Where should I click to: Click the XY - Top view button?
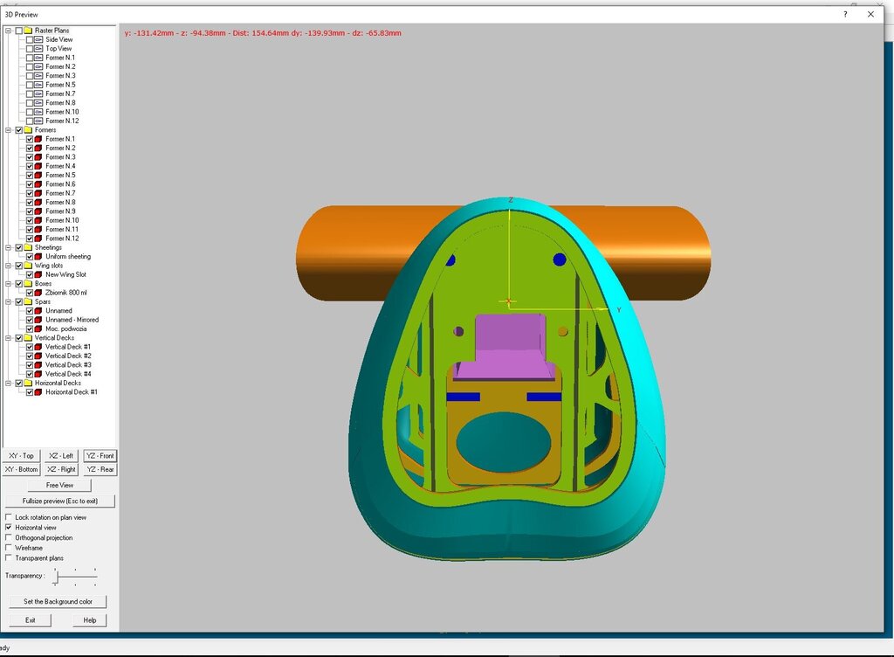point(21,456)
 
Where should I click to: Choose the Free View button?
point(59,485)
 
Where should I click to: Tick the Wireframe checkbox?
point(9,548)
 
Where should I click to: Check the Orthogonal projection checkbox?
point(9,538)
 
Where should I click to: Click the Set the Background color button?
point(58,602)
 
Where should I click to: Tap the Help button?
point(90,620)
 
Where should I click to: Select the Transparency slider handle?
point(57,576)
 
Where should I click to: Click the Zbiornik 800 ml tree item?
point(65,293)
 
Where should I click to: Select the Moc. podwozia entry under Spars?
point(65,329)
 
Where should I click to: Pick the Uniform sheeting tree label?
point(68,257)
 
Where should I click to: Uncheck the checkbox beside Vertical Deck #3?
point(30,365)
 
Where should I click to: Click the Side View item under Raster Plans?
point(59,40)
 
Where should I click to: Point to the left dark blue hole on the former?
point(450,259)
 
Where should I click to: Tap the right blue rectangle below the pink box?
point(544,397)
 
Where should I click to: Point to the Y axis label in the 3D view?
point(619,310)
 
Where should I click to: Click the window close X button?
point(870,14)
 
